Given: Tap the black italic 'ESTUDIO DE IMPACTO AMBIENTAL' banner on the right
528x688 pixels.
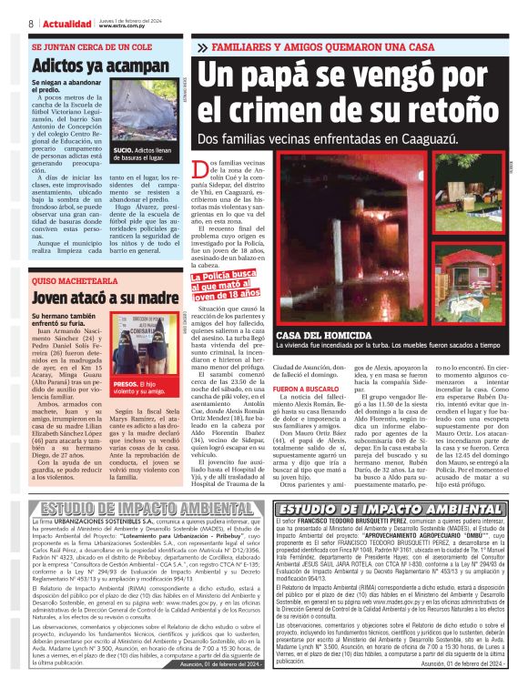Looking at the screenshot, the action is [391, 509].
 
